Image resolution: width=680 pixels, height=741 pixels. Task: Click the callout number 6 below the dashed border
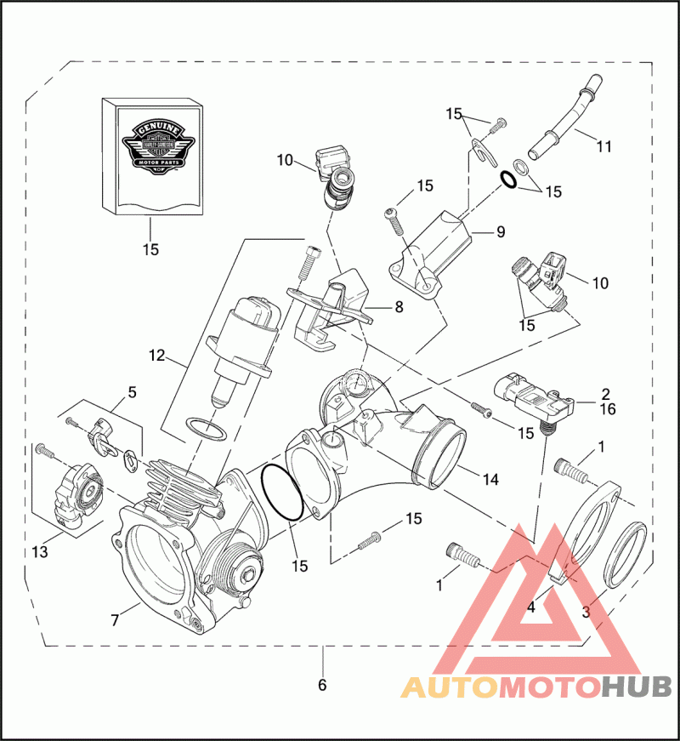tap(322, 684)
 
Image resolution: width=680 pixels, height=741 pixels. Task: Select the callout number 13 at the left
tap(40, 552)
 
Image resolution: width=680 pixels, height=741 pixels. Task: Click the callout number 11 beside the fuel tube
tap(603, 146)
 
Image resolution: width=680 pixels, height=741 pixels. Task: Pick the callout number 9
tap(500, 230)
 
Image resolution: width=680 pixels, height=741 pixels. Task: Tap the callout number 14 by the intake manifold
tap(490, 480)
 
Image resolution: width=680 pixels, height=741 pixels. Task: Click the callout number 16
tap(606, 409)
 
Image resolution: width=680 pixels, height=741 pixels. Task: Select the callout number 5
tap(132, 392)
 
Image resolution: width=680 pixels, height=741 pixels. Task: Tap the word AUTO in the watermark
tap(448, 687)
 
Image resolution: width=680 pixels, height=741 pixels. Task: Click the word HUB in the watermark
tap(637, 687)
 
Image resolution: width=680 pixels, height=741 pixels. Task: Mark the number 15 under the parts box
tap(150, 249)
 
